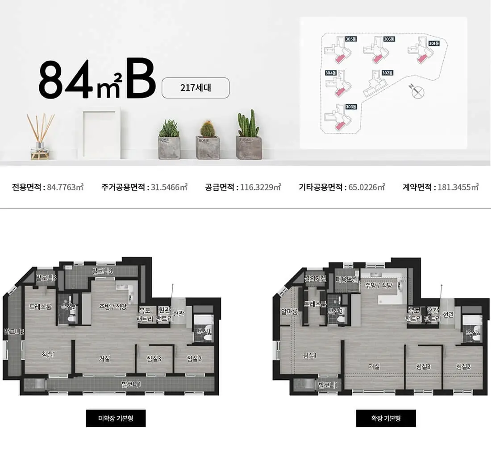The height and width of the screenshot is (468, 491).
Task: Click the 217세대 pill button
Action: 196,88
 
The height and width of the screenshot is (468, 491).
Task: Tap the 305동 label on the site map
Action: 351,39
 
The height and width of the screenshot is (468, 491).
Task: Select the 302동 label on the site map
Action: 387,73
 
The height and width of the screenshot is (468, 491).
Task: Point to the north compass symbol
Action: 418,92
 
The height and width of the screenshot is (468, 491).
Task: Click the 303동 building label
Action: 351,107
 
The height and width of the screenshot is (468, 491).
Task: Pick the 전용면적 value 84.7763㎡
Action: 65,187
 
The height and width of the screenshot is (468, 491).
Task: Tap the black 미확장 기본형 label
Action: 116,418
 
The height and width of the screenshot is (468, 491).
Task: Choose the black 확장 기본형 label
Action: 386,418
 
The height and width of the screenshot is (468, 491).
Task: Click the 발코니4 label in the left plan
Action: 102,271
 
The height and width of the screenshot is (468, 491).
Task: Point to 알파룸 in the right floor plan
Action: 289,312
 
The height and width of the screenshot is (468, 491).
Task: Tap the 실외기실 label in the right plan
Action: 315,279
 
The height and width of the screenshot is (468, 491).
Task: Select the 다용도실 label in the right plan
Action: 347,279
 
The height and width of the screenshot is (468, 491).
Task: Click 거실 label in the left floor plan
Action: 104,358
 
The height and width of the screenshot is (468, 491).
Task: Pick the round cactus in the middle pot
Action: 207,129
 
